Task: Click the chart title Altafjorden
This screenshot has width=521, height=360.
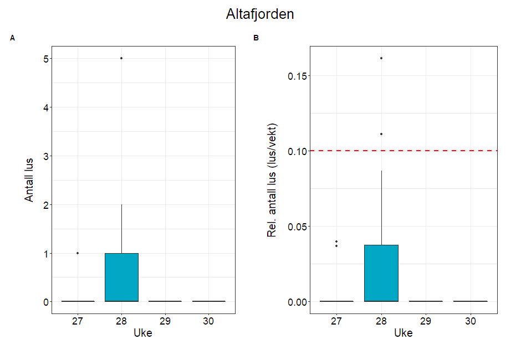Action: tap(260, 14)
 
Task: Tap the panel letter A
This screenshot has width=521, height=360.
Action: tap(12, 38)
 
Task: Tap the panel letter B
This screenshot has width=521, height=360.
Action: tap(256, 38)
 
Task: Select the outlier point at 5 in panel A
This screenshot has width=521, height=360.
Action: tap(121, 58)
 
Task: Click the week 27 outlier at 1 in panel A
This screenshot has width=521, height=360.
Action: tap(78, 253)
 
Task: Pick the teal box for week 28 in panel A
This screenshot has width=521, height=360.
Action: tap(121, 277)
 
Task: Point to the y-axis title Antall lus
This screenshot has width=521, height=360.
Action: tap(29, 180)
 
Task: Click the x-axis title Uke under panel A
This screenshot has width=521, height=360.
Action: tap(143, 333)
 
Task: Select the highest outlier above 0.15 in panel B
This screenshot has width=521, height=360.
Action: tap(381, 58)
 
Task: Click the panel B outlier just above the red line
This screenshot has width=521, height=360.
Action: tap(381, 134)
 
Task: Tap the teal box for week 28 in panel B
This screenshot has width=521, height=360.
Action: tap(381, 273)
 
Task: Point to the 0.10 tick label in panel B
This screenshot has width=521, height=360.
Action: tap(297, 151)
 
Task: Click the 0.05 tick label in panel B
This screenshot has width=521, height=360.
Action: tap(297, 227)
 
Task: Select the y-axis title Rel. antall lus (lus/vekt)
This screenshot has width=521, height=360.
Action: tap(272, 180)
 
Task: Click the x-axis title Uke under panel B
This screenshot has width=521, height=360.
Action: tap(403, 333)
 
